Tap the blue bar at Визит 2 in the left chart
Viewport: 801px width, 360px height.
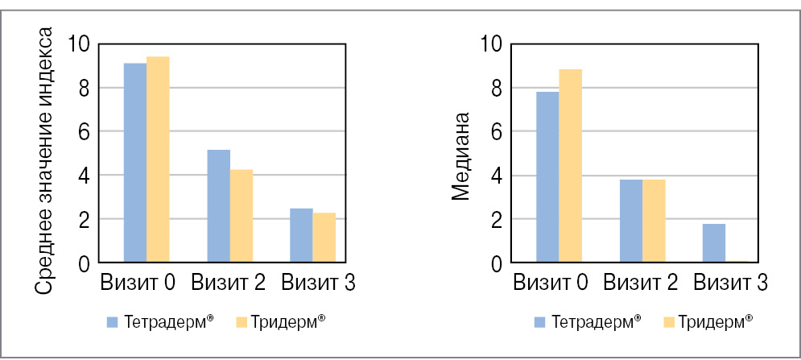(x=219, y=206)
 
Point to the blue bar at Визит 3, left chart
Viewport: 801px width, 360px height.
(x=302, y=235)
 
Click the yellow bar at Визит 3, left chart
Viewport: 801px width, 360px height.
(x=324, y=238)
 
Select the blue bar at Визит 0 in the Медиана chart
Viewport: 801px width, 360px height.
(x=547, y=177)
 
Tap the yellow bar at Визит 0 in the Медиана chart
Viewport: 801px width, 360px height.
(x=570, y=166)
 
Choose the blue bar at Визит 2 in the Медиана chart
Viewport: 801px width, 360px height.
(x=631, y=221)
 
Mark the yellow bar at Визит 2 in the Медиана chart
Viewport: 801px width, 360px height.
(x=654, y=221)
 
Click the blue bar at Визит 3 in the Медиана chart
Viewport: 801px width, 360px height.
(x=714, y=243)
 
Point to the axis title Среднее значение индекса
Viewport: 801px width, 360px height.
(x=47, y=161)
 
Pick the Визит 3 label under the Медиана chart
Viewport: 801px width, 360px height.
(x=731, y=283)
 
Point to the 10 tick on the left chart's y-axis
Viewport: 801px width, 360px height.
(x=79, y=43)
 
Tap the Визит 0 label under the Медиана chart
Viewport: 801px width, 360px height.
(x=551, y=283)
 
